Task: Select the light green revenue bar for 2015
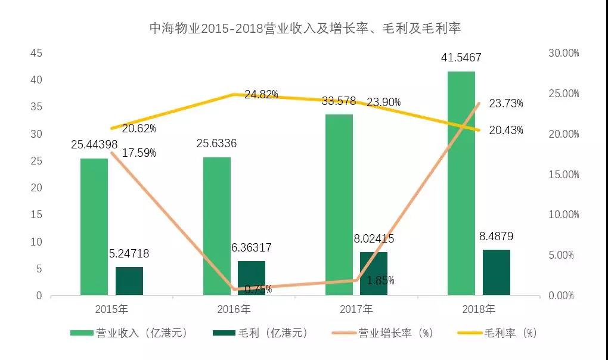point(94,226)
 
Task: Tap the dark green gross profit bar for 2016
point(252,278)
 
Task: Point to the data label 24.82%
point(260,95)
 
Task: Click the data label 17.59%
point(139,153)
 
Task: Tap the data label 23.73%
point(505,104)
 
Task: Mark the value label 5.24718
point(129,254)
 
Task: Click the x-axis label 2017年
point(356,309)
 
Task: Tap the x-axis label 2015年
point(111,309)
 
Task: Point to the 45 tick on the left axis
point(36,53)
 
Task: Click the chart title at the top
point(304,28)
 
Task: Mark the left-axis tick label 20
point(36,188)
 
